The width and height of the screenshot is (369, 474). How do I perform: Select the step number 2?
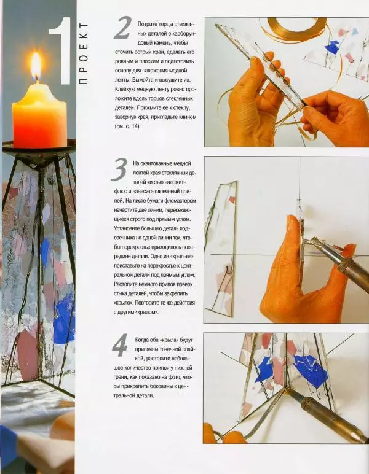(122, 28)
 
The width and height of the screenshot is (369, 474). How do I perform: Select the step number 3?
(119, 170)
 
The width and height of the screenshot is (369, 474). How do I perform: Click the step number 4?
(120, 346)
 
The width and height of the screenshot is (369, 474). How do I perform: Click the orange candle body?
(39, 117)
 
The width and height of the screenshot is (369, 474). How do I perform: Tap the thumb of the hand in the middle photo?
(293, 230)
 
